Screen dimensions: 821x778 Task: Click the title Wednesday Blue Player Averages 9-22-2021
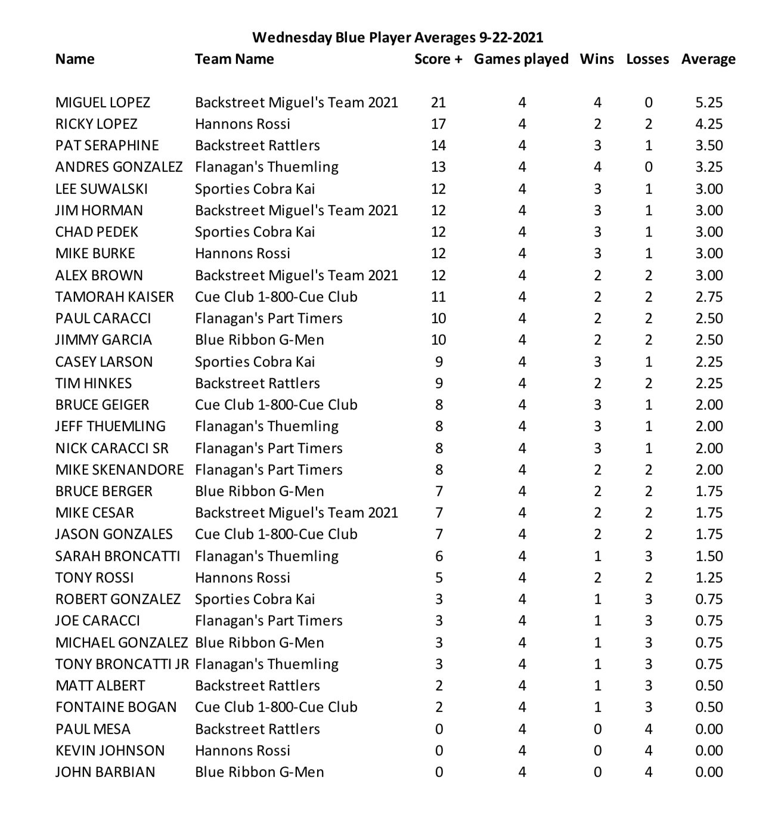(x=398, y=38)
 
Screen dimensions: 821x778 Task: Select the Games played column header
(x=521, y=59)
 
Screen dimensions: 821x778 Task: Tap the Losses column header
(x=647, y=59)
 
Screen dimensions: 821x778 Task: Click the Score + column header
(x=438, y=59)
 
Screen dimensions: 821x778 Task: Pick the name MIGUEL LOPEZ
(x=103, y=103)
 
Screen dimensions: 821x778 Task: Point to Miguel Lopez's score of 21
(x=438, y=103)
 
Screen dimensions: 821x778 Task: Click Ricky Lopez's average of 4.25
(x=709, y=124)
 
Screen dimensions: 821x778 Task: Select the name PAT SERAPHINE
(x=107, y=145)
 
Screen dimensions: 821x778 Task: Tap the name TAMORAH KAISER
(x=114, y=297)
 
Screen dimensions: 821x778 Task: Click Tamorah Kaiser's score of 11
(x=438, y=297)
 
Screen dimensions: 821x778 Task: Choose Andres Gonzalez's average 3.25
(x=709, y=167)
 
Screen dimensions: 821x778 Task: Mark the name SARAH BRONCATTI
(x=117, y=556)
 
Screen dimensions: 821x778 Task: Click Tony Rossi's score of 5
(x=439, y=578)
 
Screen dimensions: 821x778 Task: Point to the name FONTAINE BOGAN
(x=116, y=707)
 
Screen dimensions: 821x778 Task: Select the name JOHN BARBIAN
(x=105, y=772)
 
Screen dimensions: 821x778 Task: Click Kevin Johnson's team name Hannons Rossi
(x=243, y=751)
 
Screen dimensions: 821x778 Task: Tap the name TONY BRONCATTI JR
(x=122, y=664)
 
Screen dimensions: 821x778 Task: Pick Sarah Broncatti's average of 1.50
(x=709, y=556)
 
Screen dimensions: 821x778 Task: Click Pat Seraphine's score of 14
(x=438, y=145)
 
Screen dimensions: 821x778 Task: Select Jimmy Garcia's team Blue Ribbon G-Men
(x=259, y=340)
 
